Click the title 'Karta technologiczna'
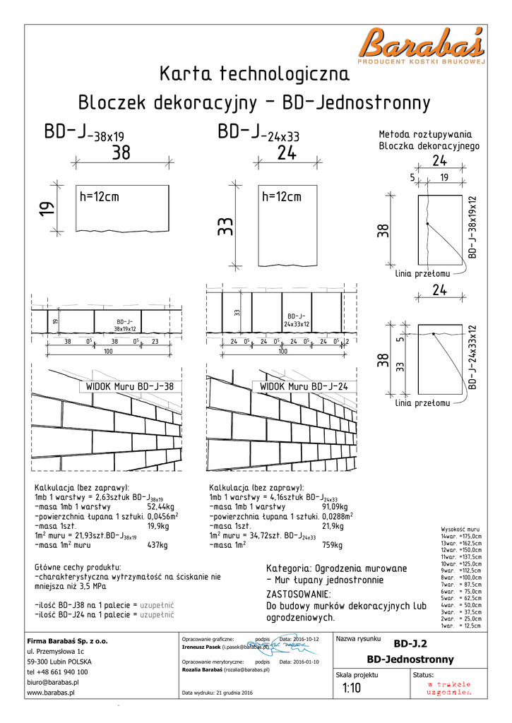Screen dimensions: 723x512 (x=254, y=73)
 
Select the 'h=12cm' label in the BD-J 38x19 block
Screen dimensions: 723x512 (x=99, y=197)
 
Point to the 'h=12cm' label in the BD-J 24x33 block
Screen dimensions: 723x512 (x=281, y=197)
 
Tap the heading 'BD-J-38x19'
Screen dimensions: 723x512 (x=84, y=133)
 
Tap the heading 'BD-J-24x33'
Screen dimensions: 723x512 (x=258, y=133)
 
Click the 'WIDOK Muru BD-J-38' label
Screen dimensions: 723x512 (x=129, y=386)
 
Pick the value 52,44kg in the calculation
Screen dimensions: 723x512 (x=160, y=507)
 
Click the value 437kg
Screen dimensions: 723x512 (x=157, y=545)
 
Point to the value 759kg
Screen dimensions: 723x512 (x=332, y=545)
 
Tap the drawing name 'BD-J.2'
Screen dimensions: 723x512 (x=410, y=643)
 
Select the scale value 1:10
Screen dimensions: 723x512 (x=352, y=688)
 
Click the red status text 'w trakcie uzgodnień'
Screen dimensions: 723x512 (x=448, y=688)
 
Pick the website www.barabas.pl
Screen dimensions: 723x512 (x=52, y=693)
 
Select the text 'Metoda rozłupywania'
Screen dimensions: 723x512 (x=426, y=134)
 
